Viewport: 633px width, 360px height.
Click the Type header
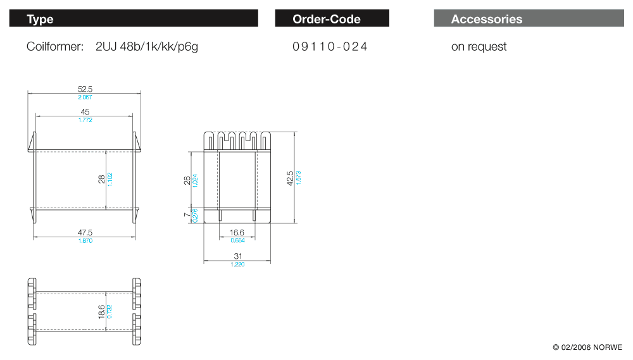pyautogui.click(x=40, y=19)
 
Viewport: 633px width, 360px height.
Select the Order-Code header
pyautogui.click(x=327, y=19)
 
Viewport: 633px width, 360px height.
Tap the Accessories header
pyautogui.click(x=487, y=19)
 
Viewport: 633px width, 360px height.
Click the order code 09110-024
pyautogui.click(x=330, y=47)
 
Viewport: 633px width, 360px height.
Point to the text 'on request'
pyautogui.click(x=479, y=47)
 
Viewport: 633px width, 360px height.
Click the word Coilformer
pyautogui.click(x=55, y=47)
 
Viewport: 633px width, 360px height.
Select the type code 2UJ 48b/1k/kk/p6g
pyautogui.click(x=147, y=47)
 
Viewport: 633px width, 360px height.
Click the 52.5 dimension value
pyautogui.click(x=85, y=90)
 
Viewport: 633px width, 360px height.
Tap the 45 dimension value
pyautogui.click(x=85, y=112)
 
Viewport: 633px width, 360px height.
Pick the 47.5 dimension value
pyautogui.click(x=85, y=233)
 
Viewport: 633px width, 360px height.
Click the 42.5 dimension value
pyautogui.click(x=291, y=178)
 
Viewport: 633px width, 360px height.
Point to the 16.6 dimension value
pyautogui.click(x=237, y=233)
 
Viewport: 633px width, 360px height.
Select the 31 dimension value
pyautogui.click(x=237, y=256)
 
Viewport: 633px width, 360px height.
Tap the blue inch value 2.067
pyautogui.click(x=85, y=97)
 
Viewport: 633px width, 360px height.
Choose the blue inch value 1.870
pyautogui.click(x=85, y=240)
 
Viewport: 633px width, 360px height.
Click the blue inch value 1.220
pyautogui.click(x=237, y=264)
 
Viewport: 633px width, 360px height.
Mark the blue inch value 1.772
pyautogui.click(x=85, y=120)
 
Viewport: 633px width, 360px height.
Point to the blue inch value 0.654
pyautogui.click(x=237, y=240)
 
